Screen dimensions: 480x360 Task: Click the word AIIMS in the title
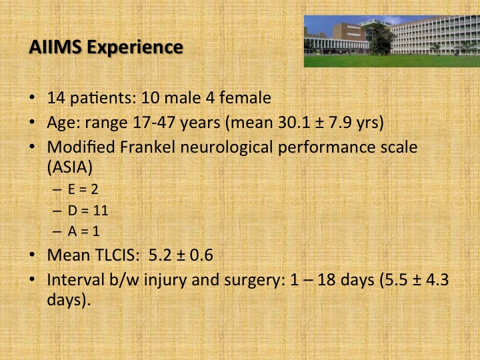tap(55, 47)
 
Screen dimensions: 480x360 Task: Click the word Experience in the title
tap(135, 48)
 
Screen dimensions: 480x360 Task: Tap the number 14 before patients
tap(56, 98)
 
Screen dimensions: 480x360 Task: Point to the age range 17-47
tap(154, 123)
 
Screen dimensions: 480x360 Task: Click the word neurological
tap(226, 148)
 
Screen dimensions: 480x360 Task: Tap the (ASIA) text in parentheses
tap(70, 167)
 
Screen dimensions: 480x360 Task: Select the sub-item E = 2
tap(83, 189)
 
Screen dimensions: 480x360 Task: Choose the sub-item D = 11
tap(88, 210)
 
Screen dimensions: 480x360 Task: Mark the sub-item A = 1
tap(83, 231)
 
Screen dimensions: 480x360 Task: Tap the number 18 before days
tap(326, 280)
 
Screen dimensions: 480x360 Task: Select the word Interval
tap(75, 280)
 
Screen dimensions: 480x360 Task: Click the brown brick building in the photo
tap(349, 32)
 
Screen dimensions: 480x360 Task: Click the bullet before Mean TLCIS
tap(32, 255)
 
